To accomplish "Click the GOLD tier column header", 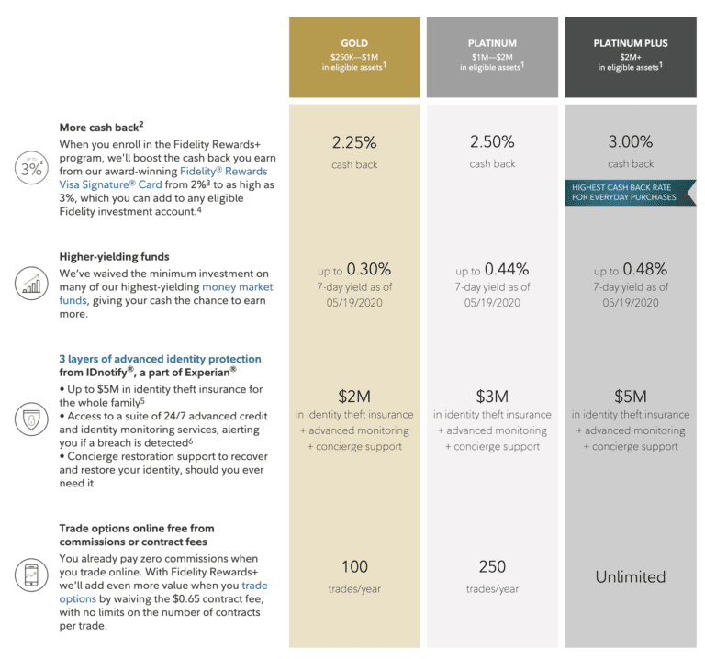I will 354,43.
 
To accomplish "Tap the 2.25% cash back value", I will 354,142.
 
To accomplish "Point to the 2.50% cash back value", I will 492,142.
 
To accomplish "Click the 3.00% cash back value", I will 630,142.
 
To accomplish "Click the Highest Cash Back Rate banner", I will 630,193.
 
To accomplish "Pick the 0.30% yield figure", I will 367,269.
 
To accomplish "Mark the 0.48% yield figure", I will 643,269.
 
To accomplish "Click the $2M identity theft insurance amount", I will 354,397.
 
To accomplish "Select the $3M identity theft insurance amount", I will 492,397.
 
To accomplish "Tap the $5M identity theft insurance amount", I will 630,397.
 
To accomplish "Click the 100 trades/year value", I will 354,566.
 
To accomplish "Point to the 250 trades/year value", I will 492,566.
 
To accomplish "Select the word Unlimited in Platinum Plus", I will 630,576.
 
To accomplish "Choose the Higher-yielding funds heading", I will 114,257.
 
